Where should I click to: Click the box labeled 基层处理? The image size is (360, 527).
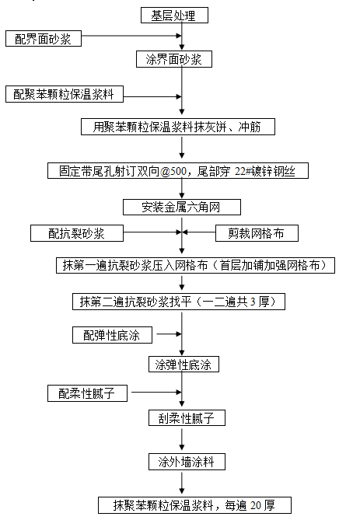[174, 16]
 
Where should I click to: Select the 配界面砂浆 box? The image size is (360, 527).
[44, 39]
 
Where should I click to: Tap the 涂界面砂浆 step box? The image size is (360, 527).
[174, 59]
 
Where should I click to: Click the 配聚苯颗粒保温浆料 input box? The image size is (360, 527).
[65, 94]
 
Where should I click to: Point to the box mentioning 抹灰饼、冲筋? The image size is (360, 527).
[178, 127]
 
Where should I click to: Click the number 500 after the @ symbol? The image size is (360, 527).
[178, 171]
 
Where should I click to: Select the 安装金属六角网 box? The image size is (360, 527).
[182, 207]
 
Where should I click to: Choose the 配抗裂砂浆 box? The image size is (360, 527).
[77, 233]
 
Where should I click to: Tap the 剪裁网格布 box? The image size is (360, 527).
[257, 233]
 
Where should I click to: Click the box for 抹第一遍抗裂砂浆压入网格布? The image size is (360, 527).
[195, 266]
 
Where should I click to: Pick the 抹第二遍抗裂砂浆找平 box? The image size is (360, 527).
[179, 302]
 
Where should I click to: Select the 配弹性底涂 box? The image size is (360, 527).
[112, 335]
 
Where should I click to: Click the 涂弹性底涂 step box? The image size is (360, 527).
[183, 365]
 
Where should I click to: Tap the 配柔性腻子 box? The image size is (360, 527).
[87, 393]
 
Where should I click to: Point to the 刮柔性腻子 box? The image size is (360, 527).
[187, 417]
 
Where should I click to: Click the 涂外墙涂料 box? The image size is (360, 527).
[187, 462]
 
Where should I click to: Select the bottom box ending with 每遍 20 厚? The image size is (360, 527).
[194, 505]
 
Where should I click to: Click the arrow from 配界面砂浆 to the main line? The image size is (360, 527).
[131, 35]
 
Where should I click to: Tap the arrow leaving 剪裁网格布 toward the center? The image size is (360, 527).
[198, 232]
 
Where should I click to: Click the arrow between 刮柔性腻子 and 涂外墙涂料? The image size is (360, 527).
[182, 440]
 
